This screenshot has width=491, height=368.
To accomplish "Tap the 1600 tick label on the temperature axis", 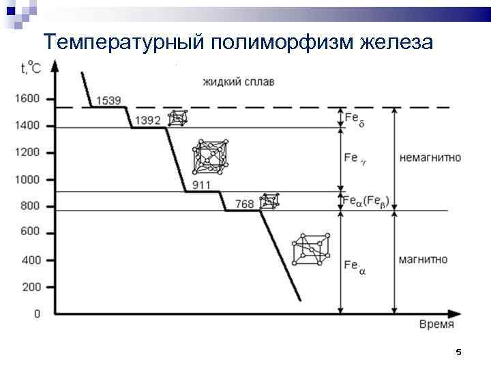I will (27, 99).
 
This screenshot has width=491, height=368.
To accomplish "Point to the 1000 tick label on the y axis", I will (27, 179).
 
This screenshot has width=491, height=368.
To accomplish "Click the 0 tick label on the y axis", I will (37, 313).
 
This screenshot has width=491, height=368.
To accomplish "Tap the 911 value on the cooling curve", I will (201, 185).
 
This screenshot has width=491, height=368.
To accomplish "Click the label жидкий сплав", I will (239, 82).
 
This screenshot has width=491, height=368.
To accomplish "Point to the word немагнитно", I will (430, 157).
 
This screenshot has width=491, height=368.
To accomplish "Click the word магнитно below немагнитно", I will (423, 260).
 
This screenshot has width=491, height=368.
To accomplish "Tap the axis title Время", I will (436, 324).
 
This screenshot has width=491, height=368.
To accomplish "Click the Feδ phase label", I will (355, 119).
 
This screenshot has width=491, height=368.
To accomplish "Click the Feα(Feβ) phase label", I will (371, 201).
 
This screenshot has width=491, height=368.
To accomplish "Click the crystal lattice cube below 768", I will (311, 249).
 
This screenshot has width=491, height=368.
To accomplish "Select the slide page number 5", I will (458, 352).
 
